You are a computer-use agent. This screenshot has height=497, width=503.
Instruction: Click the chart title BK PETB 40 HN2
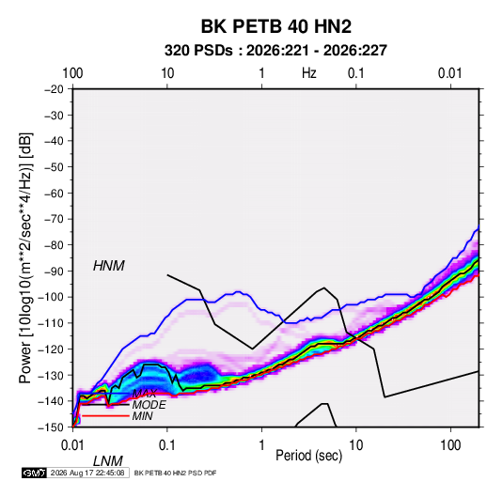[x=275, y=26]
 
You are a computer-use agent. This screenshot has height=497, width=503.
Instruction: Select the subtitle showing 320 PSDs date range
[x=275, y=51]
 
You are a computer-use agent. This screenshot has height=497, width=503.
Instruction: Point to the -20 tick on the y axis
[x=54, y=89]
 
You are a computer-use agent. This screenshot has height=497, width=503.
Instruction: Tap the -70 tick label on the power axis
[x=54, y=219]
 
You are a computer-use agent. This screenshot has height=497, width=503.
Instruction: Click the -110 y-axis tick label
[x=51, y=323]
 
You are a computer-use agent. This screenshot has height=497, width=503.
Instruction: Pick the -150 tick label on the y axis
[x=51, y=427]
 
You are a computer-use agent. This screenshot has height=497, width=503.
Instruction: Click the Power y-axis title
[x=25, y=257]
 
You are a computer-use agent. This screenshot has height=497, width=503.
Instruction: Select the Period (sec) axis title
[x=308, y=456]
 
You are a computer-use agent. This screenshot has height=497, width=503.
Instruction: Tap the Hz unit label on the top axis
[x=309, y=73]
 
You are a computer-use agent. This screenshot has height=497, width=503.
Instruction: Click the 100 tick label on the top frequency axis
[x=72, y=73]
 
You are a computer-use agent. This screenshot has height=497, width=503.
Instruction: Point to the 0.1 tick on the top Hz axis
[x=356, y=73]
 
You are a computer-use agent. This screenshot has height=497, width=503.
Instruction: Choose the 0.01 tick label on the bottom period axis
[x=72, y=445]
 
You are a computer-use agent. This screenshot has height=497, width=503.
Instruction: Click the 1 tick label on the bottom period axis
[x=261, y=445]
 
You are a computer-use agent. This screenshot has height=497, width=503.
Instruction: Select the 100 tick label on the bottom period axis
[x=450, y=445]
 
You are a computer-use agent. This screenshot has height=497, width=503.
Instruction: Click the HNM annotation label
[x=109, y=266]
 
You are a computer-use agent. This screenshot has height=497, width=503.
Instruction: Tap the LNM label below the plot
[x=108, y=461]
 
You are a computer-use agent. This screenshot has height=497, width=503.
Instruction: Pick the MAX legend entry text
[x=145, y=394]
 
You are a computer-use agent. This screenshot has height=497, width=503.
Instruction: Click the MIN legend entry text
[x=142, y=416]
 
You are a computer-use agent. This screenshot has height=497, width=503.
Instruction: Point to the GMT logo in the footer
[x=34, y=473]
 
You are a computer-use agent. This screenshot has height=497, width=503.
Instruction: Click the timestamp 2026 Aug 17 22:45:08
[x=87, y=473]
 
